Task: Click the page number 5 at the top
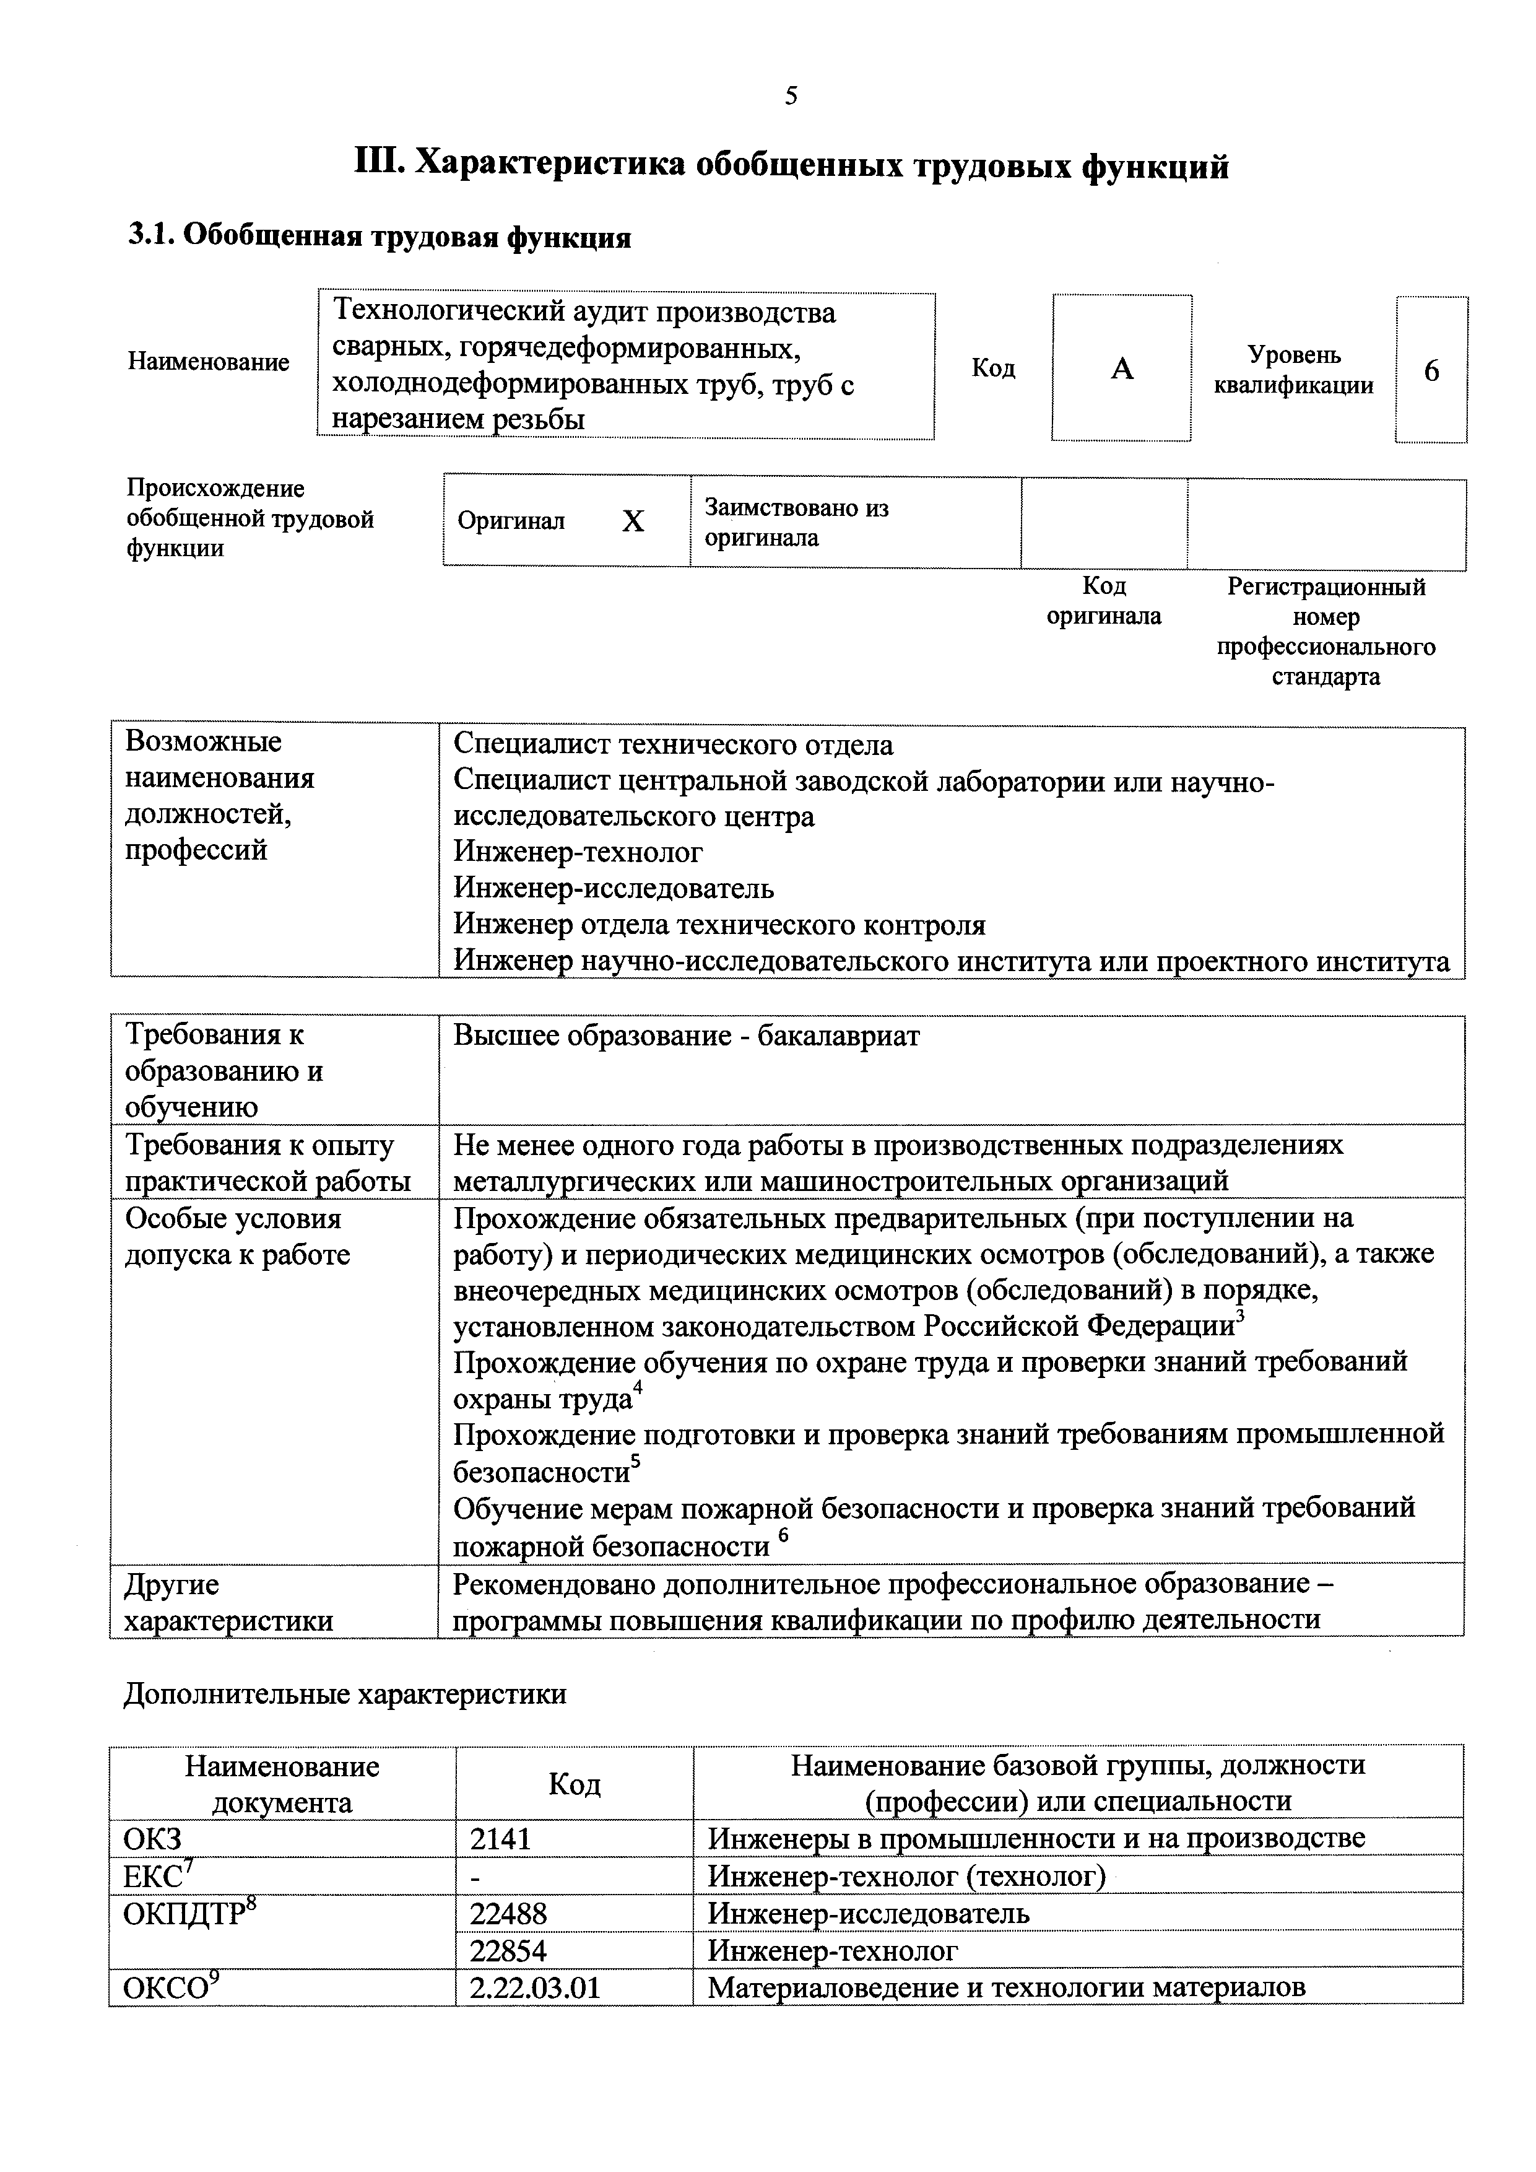[x=791, y=95]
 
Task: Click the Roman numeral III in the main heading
[x=380, y=165]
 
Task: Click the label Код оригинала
[x=1104, y=601]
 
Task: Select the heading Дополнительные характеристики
[x=345, y=1693]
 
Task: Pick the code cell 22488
[x=508, y=1912]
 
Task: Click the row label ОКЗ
[x=152, y=1839]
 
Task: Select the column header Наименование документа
[x=282, y=1784]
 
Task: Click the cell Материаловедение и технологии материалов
[x=1006, y=1987]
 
